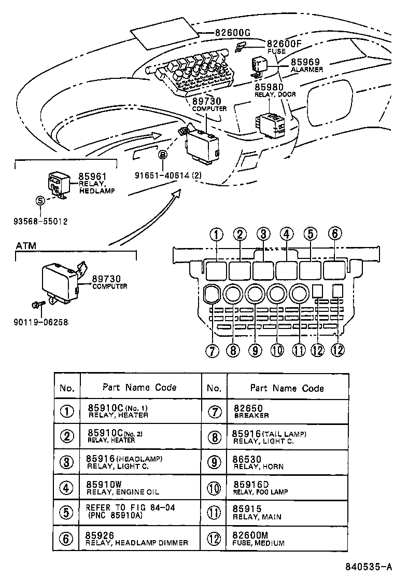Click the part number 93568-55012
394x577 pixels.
point(40,221)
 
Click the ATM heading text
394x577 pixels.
point(26,245)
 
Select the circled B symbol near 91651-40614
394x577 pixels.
point(162,155)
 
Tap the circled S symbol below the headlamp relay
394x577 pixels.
point(40,201)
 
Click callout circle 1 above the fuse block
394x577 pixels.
point(215,235)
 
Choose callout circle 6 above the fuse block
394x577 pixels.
point(335,235)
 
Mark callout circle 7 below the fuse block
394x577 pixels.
point(212,351)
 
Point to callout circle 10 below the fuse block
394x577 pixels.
point(277,351)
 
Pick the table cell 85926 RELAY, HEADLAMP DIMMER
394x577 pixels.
point(137,539)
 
